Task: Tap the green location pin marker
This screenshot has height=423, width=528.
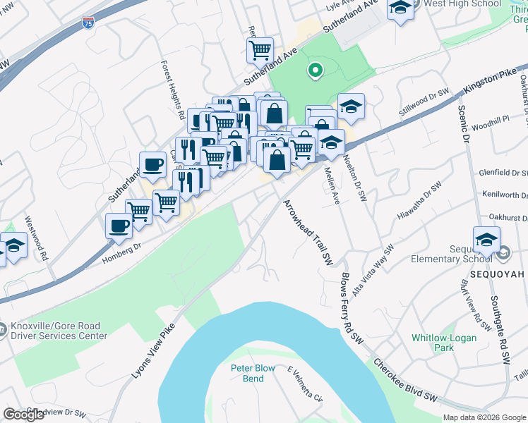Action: tap(314, 70)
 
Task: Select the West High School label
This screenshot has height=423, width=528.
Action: tap(461, 4)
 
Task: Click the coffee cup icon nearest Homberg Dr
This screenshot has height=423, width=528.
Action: tap(119, 226)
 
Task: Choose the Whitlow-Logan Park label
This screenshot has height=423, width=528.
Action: tap(444, 343)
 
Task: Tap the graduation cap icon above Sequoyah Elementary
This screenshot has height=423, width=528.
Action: tap(486, 240)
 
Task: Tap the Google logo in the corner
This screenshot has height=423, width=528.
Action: tap(24, 415)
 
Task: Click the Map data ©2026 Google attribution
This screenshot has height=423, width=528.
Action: tap(484, 417)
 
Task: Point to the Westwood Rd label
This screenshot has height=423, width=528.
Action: tap(36, 238)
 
